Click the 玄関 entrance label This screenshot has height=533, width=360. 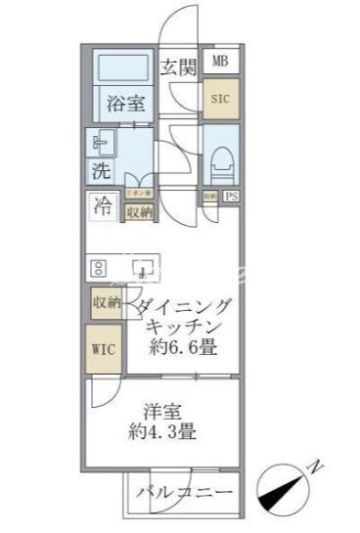coord(179,67)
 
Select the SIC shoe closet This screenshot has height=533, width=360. coord(220,99)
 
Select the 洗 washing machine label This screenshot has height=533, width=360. coord(101,169)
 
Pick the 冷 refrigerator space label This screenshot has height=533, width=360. coord(102,205)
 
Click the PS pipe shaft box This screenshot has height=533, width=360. coord(231,197)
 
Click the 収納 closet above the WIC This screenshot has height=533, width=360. coord(106,303)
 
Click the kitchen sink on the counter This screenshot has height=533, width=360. coord(143,267)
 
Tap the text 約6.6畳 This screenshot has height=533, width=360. coord(181,348)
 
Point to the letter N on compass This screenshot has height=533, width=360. coord(316,466)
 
